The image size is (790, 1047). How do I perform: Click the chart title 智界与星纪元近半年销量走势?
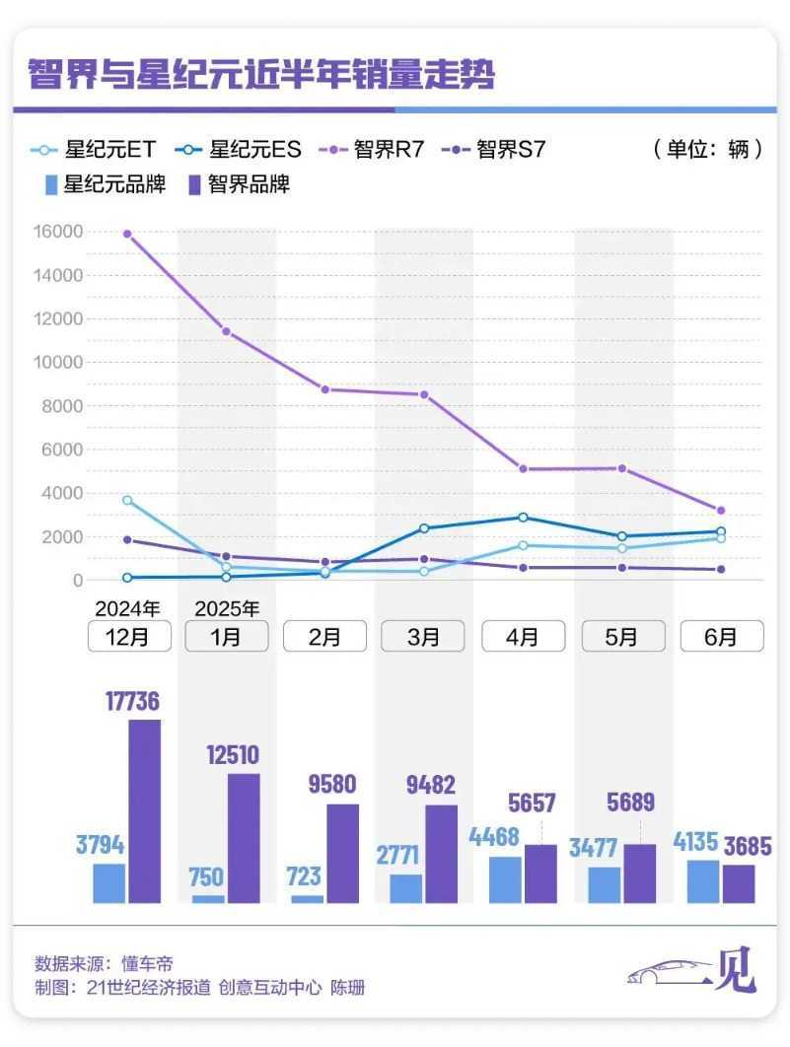click(260, 75)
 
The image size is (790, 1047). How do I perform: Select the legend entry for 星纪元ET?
click(94, 150)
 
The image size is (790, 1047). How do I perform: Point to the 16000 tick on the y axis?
click(60, 232)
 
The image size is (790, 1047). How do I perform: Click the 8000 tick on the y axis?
click(64, 406)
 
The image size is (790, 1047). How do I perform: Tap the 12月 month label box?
click(128, 636)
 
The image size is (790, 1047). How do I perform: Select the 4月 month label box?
click(523, 636)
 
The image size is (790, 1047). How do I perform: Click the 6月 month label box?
click(721, 636)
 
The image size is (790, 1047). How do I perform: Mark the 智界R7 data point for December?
click(127, 234)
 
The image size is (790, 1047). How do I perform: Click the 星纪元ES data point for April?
click(523, 517)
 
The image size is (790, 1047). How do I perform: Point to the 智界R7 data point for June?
click(721, 511)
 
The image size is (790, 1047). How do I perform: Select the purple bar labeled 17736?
click(144, 810)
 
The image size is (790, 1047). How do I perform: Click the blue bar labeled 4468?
click(505, 879)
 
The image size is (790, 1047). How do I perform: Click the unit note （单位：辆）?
click(708, 150)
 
